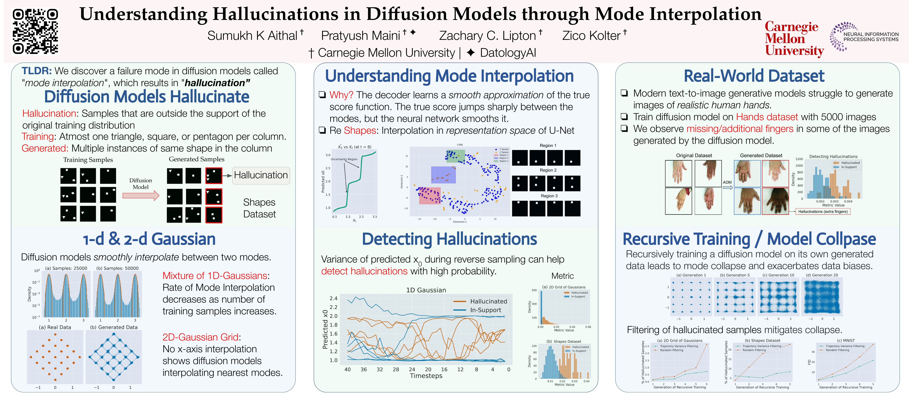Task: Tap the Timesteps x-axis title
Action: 426,376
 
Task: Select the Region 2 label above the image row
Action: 548,170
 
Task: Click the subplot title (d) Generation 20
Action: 822,275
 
